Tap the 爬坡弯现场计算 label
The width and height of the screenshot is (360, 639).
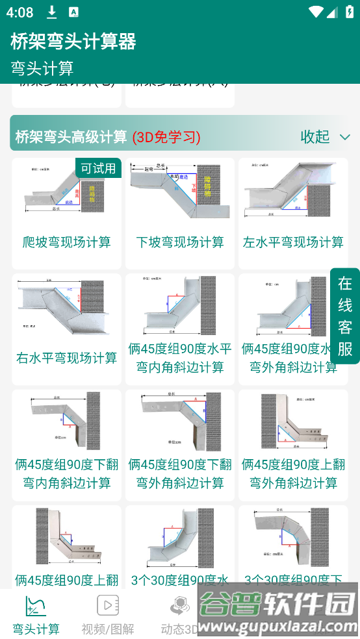point(66,242)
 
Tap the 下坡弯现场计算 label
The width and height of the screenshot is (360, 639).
point(180,242)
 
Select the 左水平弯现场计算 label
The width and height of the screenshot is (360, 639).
point(293,242)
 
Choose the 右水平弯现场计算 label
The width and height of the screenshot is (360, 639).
point(66,358)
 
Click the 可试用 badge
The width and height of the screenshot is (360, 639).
point(98,168)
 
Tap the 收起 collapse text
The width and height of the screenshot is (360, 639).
point(315,137)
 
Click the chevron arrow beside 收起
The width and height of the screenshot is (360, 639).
point(345,137)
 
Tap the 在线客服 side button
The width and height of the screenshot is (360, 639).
point(345,316)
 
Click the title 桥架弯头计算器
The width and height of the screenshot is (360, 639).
point(73,42)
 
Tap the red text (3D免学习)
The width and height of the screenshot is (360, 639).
point(166,137)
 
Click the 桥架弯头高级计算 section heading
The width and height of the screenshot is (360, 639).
point(71,137)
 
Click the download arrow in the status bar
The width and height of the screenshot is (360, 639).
point(52,12)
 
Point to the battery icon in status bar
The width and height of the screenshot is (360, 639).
point(350,12)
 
